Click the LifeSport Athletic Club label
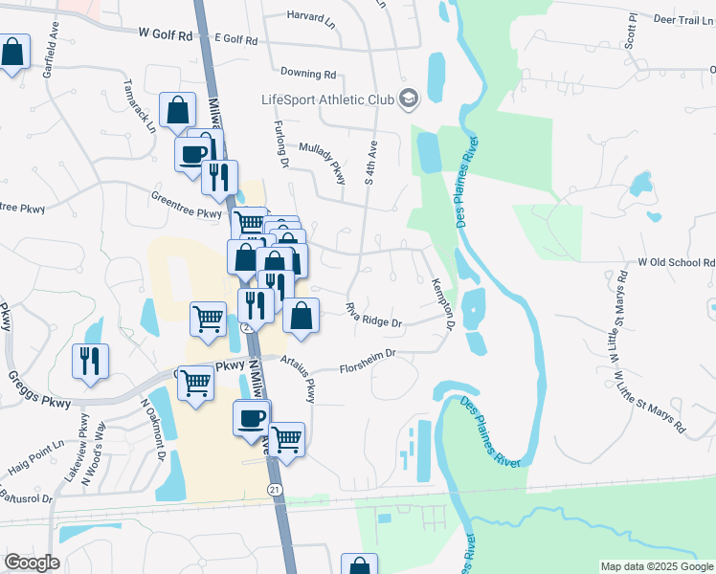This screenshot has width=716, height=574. (x=327, y=99)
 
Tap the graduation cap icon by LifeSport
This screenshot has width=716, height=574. (x=409, y=99)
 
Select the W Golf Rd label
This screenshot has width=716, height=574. (x=166, y=34)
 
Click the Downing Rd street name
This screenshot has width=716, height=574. (x=308, y=73)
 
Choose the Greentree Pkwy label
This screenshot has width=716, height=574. (x=186, y=205)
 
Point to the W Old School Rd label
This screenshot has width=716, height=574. (x=677, y=262)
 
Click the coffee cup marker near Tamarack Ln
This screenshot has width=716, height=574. (x=192, y=153)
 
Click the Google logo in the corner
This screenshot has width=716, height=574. (x=32, y=562)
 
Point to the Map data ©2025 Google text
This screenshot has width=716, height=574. (x=657, y=566)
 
